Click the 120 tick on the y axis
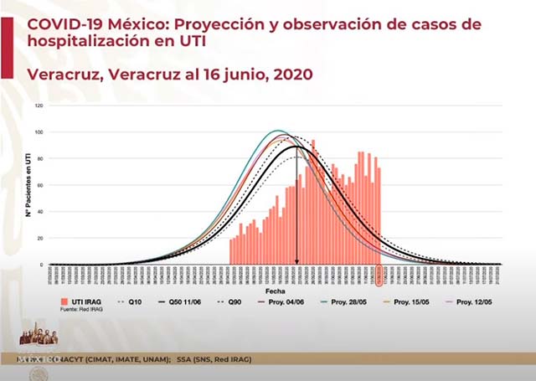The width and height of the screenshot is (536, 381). click(39, 106)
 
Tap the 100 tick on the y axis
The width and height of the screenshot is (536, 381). click(39, 132)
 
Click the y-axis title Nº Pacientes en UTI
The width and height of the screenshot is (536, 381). click(28, 186)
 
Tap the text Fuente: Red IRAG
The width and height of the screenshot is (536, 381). click(80, 310)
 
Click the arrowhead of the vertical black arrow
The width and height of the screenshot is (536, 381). click(297, 260)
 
